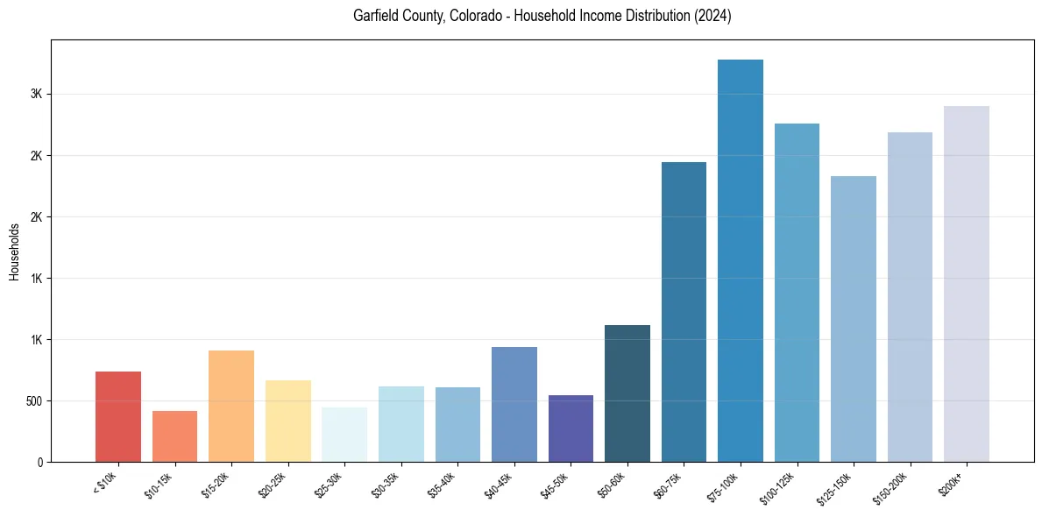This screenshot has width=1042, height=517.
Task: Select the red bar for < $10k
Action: pos(118,416)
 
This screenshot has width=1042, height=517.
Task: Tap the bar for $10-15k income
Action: pos(174,436)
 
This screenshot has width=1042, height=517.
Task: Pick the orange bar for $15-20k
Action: pos(231,406)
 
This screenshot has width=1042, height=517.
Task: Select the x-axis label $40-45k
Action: pos(498,483)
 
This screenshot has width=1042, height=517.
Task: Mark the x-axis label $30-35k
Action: pos(385,483)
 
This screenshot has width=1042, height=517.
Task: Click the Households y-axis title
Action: pos(15,251)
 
